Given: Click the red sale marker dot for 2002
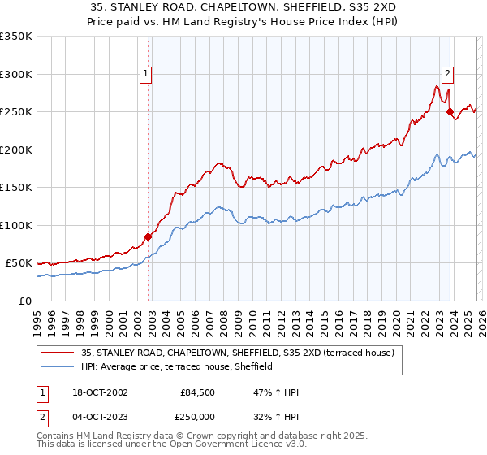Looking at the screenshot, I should pyautogui.click(x=149, y=237).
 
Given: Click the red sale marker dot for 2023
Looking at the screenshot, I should pyautogui.click(x=450, y=112).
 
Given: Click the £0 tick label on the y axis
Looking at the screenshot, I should pyautogui.click(x=24, y=301).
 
